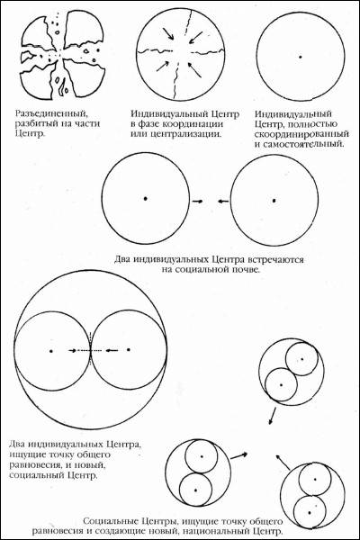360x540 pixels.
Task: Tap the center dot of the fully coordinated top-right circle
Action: pos(301,57)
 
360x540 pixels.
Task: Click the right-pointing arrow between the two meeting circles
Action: pos(197,201)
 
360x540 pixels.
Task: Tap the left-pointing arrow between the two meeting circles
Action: pos(223,201)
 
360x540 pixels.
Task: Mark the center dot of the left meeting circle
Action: pos(146,199)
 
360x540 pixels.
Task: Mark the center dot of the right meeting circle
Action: pos(274,200)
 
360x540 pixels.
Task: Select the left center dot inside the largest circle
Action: pos(51,351)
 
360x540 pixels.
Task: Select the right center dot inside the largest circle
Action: pos(129,349)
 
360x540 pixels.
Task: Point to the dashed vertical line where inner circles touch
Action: pos(91,349)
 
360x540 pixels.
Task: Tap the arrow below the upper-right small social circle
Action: pos(272,416)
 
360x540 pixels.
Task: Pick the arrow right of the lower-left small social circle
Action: pos(238,455)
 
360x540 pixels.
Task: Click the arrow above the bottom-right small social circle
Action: pos(283,462)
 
